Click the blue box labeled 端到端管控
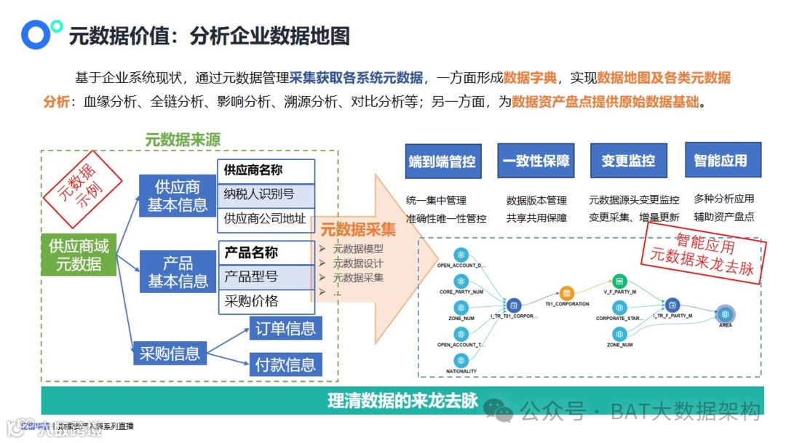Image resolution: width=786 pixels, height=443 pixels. pos(442,161)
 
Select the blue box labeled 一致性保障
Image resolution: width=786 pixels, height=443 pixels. pos(536,161)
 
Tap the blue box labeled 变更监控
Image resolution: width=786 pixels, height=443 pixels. pos(628,161)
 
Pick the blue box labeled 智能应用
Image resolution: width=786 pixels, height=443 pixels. pos(720,161)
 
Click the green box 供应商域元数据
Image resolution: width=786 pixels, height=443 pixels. pos(79,255)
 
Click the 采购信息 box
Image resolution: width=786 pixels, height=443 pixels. pos(169,354)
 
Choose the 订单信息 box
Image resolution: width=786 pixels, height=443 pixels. pos(285,328)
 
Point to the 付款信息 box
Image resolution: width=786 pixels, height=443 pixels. pos(285,364)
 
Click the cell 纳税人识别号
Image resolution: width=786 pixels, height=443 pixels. pos(266,194)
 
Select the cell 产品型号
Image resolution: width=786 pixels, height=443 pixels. pos(266,276)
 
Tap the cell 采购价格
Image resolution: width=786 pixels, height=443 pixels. pos(266,301)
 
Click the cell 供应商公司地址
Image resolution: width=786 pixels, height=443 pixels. pos(266,218)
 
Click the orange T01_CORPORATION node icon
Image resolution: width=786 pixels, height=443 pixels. pos(568,293)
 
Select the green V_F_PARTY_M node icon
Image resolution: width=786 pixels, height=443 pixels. pos(619,280)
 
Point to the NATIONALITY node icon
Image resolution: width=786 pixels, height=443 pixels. pos(461,359)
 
